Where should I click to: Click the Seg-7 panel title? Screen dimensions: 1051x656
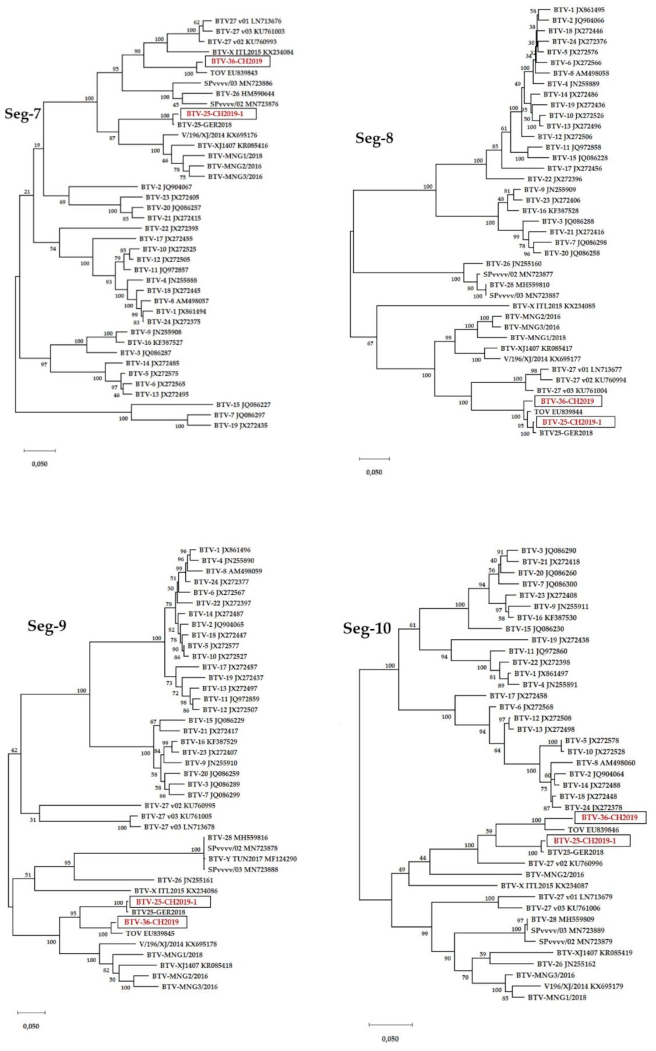(23, 113)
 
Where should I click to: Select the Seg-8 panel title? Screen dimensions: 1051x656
(374, 138)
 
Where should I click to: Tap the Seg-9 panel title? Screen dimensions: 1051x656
(47, 626)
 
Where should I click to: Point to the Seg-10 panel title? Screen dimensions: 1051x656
(366, 629)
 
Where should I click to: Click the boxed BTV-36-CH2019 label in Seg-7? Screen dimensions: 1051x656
(237, 61)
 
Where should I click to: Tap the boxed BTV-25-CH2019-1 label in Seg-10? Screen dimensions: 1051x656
(584, 841)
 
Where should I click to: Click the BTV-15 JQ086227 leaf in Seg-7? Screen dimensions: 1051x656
(243, 404)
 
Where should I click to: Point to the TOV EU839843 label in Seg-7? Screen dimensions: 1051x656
(234, 73)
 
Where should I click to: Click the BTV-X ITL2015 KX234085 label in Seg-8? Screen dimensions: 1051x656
(553, 306)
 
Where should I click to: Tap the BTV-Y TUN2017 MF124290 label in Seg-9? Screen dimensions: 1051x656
(252, 859)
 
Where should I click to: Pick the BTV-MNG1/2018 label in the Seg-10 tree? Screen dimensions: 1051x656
(557, 997)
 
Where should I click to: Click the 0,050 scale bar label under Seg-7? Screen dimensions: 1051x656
(40, 464)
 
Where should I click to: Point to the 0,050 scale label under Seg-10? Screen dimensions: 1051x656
(390, 1039)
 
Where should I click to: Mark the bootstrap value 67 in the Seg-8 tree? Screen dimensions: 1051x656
(370, 343)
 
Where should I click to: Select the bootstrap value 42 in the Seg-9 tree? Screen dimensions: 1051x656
(15, 750)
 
